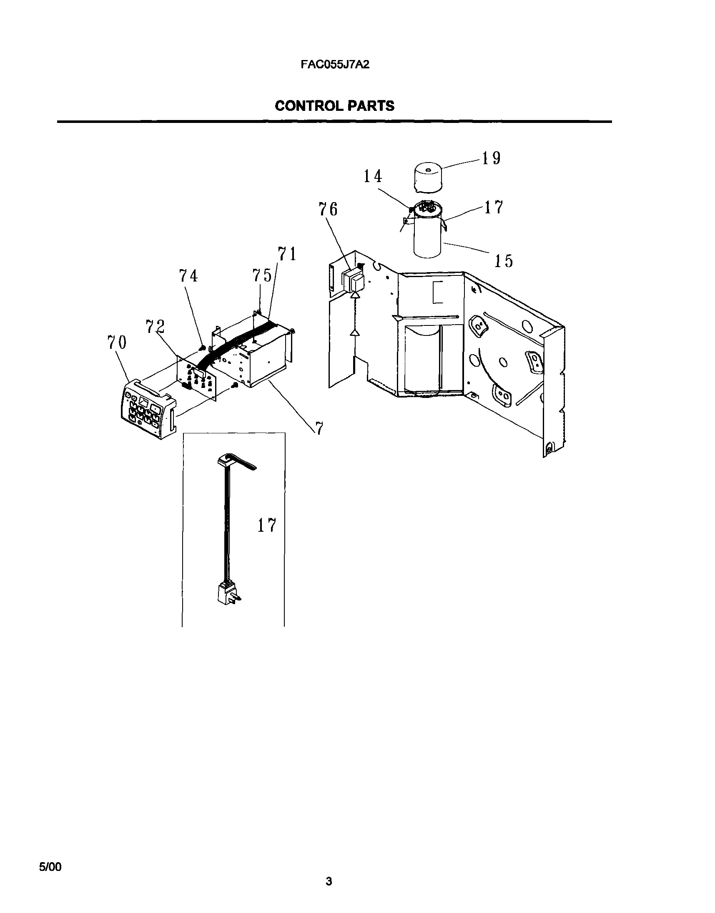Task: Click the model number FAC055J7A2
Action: (335, 65)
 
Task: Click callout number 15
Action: (503, 261)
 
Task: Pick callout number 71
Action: (287, 254)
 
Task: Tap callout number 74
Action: (188, 276)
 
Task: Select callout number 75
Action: (262, 275)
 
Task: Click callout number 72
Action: (156, 326)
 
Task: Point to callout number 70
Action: (116, 343)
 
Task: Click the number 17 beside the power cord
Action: (267, 525)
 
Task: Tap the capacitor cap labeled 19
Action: (430, 178)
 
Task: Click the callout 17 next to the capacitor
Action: (494, 208)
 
